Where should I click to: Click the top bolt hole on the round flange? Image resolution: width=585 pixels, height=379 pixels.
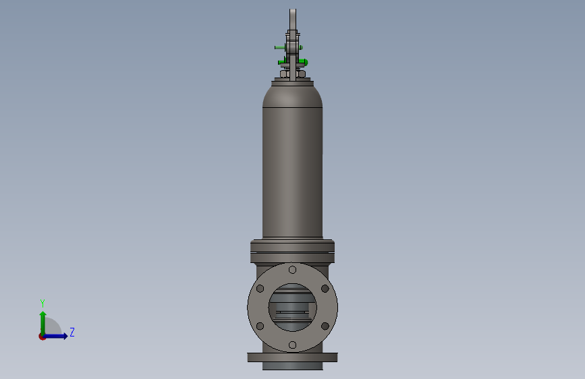click(x=293, y=269)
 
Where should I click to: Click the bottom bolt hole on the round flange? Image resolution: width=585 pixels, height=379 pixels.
click(x=293, y=345)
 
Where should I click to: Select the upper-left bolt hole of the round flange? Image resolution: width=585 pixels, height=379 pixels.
click(x=260, y=289)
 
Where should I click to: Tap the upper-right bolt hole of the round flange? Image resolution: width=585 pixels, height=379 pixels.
click(x=325, y=289)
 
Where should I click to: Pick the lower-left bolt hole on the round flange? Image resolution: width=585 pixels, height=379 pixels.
click(x=260, y=326)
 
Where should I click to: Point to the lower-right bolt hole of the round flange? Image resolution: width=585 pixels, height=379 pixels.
click(x=325, y=326)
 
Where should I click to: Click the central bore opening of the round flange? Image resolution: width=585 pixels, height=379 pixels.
click(x=293, y=308)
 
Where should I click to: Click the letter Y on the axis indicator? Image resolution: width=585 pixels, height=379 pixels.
click(x=43, y=303)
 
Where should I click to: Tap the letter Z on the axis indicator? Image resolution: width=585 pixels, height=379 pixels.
click(x=72, y=332)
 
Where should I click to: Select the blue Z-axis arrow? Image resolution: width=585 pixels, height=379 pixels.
click(x=55, y=336)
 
